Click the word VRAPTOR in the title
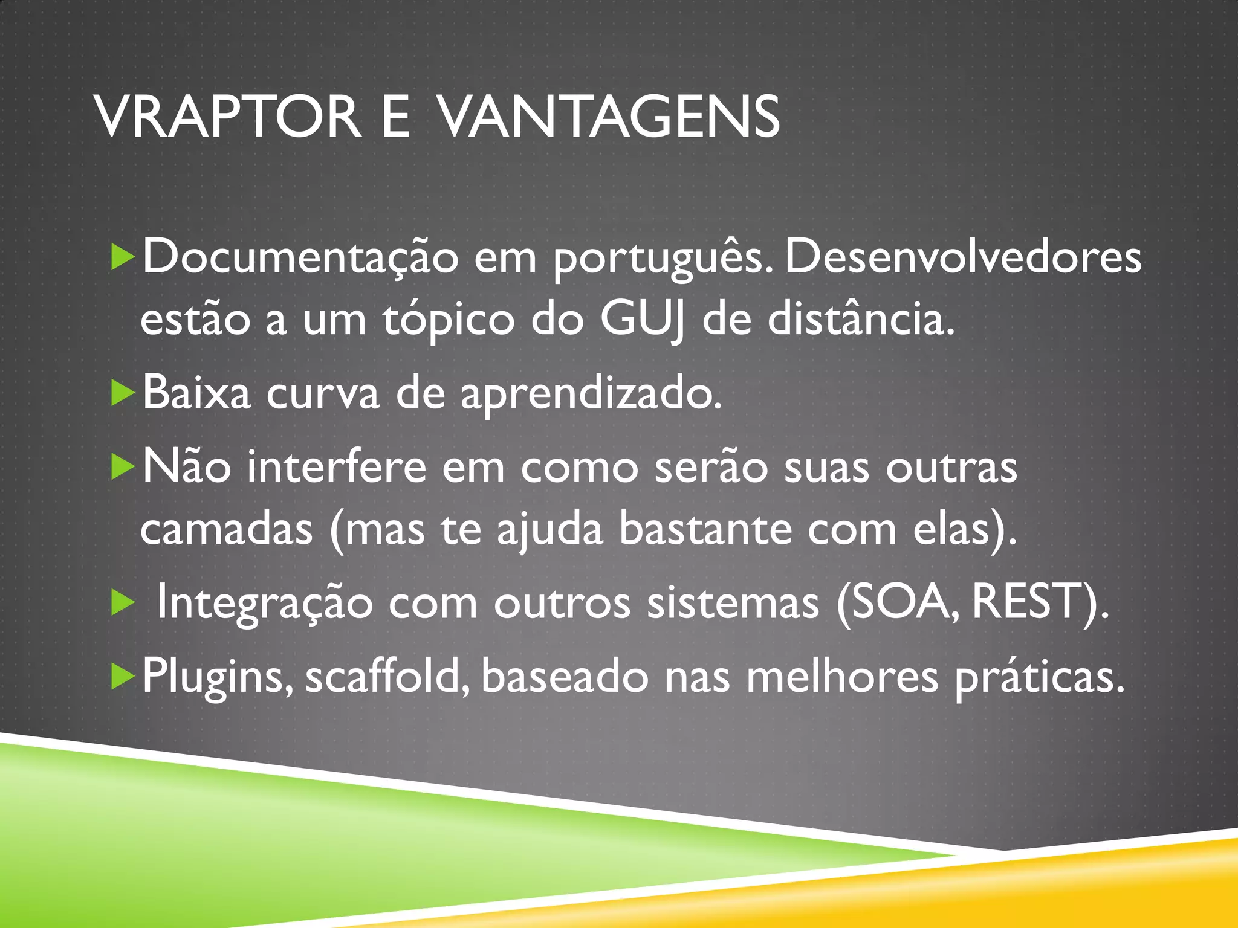(x=228, y=117)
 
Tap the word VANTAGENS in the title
(x=608, y=117)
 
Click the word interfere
(x=337, y=467)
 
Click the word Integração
(x=265, y=604)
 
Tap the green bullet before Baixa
(x=123, y=393)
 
